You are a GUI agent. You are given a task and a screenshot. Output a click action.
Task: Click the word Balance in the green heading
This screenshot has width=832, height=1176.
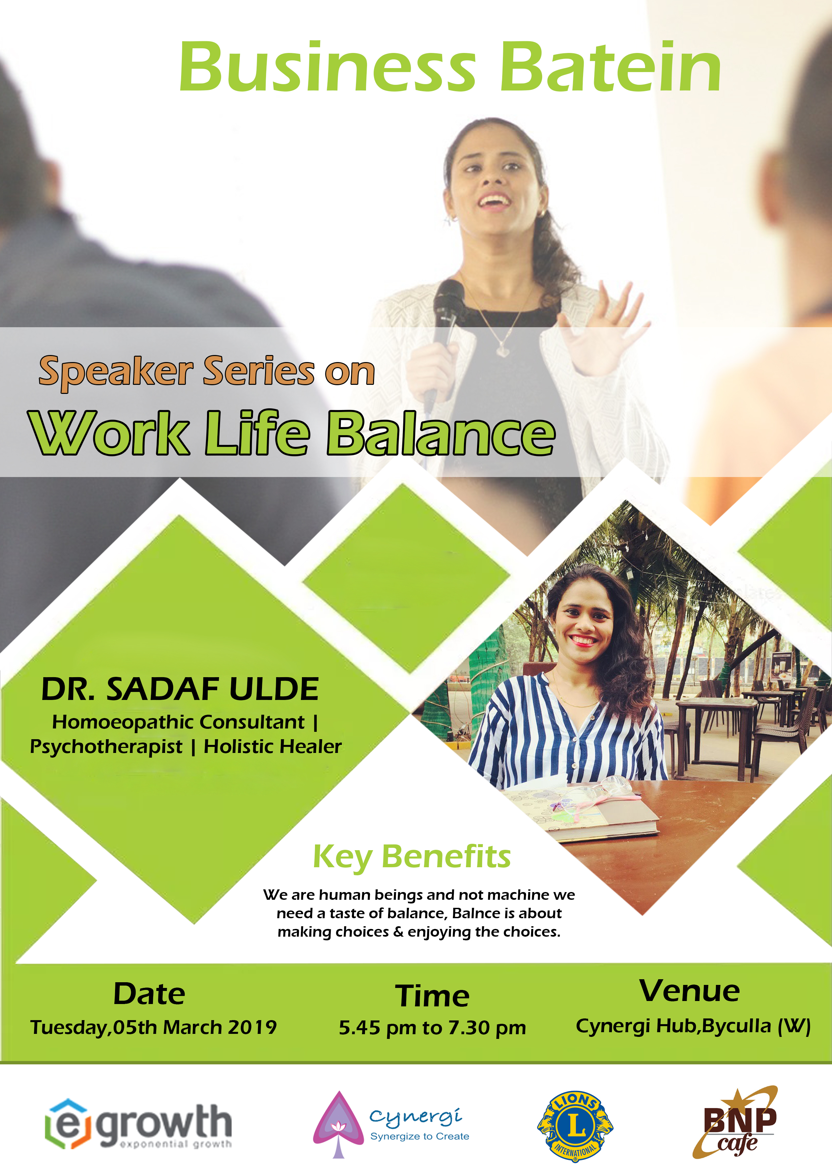point(441,434)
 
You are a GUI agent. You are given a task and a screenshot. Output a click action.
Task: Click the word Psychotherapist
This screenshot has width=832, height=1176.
point(106,747)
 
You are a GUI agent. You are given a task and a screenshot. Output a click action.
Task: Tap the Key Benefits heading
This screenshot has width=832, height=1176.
point(412,857)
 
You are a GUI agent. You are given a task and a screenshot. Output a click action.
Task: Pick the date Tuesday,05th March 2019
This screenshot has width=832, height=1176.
point(153,1027)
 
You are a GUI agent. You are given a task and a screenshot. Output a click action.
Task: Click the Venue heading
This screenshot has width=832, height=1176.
point(689,991)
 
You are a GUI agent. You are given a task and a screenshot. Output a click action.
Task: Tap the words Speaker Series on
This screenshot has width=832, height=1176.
point(207,372)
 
